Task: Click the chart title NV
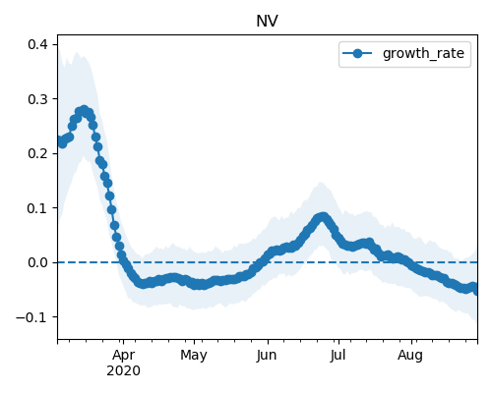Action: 267,22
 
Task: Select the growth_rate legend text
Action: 423,54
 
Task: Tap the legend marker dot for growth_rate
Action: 357,53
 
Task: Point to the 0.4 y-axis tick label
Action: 38,44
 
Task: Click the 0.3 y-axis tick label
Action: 38,99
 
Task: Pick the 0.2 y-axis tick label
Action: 38,153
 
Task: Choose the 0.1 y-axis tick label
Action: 38,208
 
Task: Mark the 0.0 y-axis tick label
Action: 38,262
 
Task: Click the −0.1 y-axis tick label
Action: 32,317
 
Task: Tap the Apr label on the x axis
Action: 123,356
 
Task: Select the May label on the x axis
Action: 194,356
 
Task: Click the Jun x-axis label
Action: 267,356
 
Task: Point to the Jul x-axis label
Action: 338,356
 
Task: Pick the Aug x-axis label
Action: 410,356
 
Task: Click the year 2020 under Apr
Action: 123,370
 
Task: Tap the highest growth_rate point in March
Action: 85,110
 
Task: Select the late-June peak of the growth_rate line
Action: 323,217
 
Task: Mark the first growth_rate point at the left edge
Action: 59,140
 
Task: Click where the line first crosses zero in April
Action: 123,262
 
